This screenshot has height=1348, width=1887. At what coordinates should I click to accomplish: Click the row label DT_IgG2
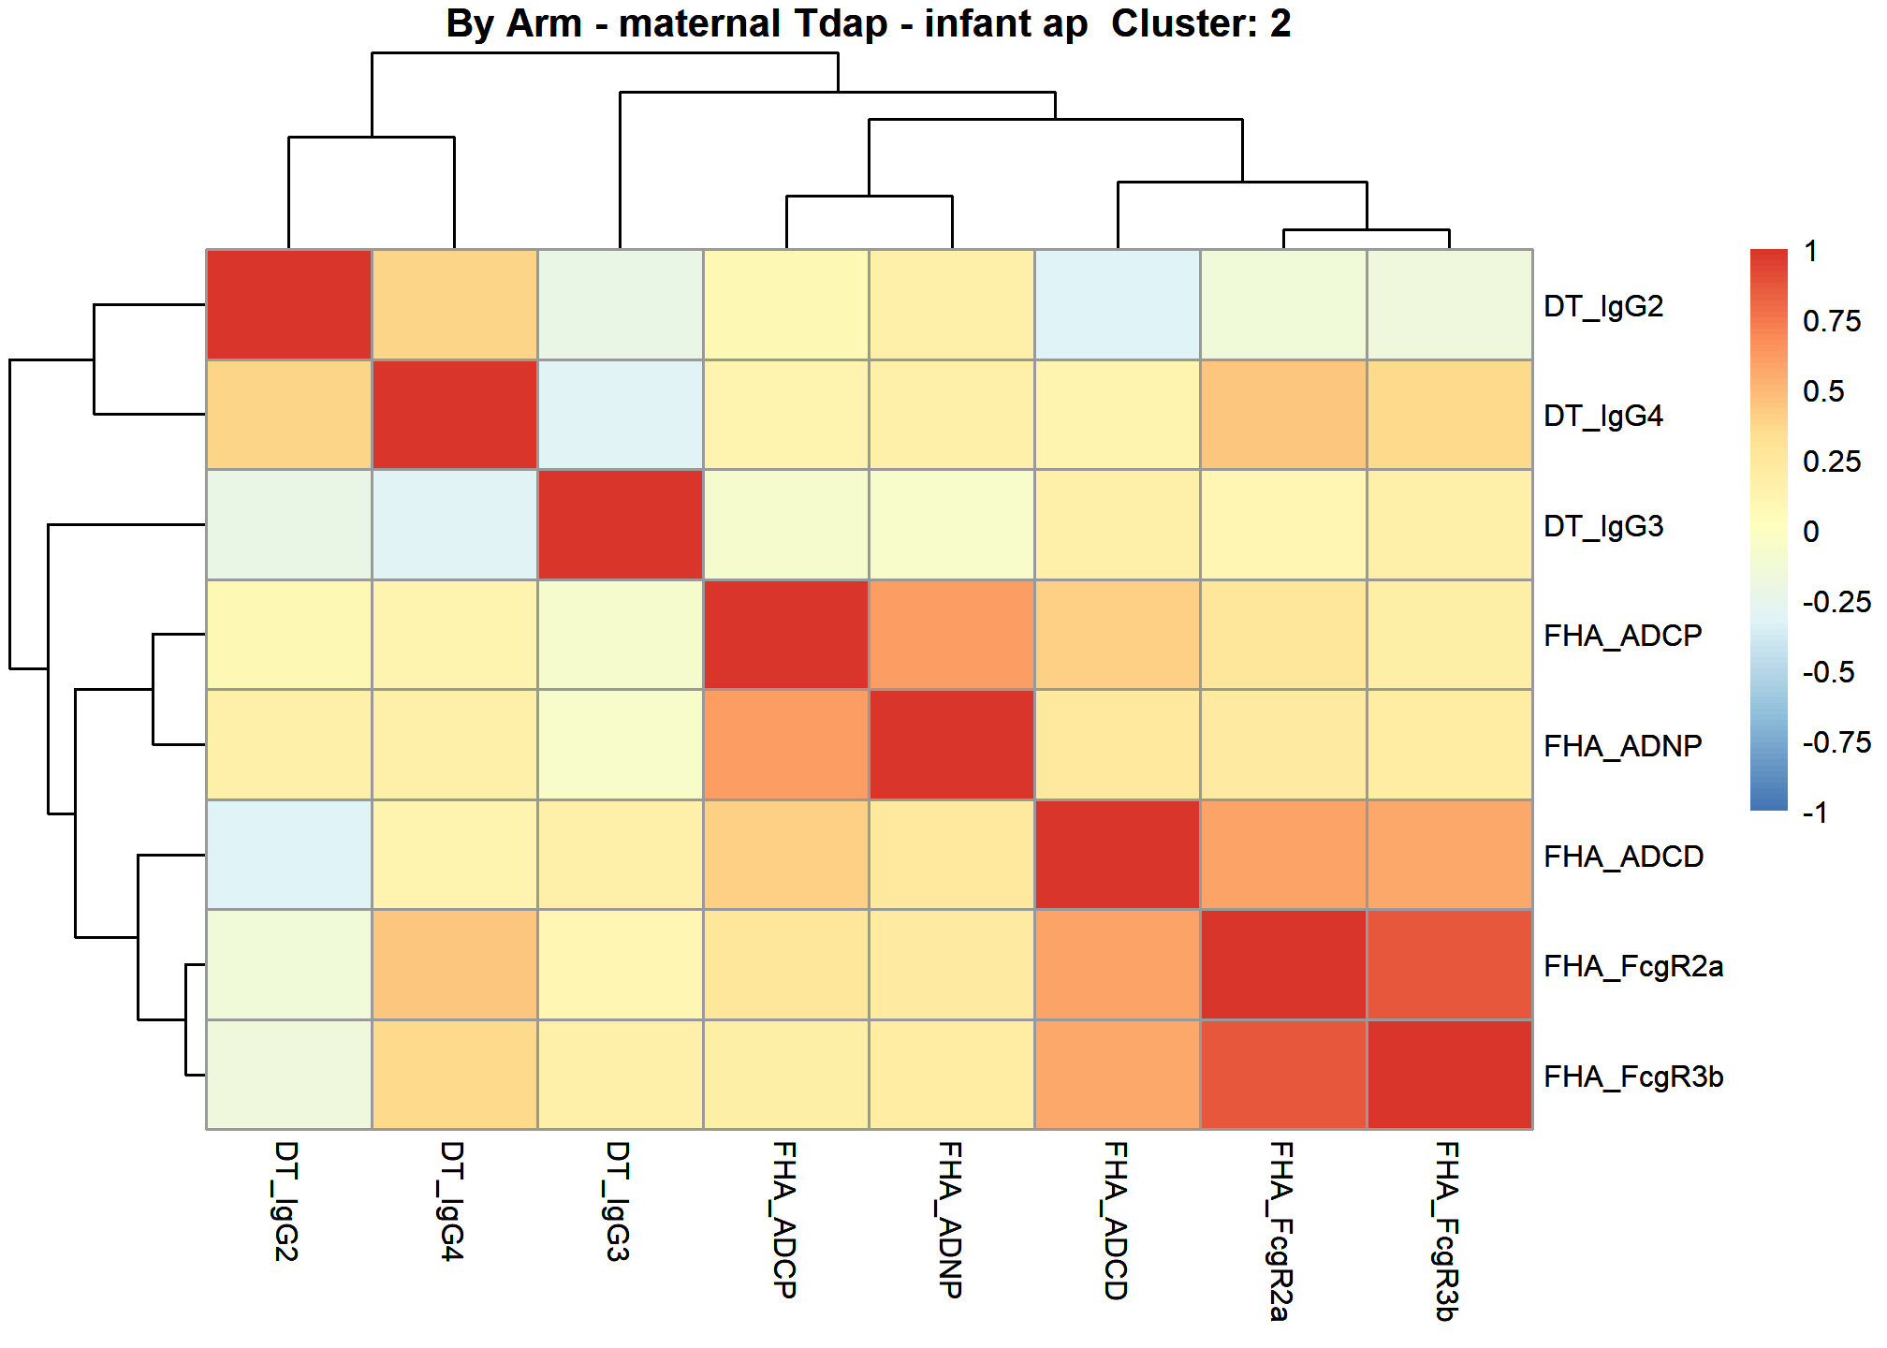1602,306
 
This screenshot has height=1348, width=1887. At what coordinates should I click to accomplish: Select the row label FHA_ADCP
1622,636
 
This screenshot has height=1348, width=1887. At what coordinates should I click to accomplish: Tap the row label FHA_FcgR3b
1633,1077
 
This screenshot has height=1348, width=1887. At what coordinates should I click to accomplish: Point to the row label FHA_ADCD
1623,857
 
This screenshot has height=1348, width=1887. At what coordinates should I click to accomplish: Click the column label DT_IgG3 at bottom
618,1201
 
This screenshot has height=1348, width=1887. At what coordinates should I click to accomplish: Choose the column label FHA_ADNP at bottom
949,1220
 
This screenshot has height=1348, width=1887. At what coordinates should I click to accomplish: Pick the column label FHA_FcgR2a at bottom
1280,1231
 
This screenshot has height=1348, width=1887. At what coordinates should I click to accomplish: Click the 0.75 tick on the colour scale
1832,321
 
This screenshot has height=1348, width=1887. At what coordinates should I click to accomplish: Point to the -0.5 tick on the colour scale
1828,672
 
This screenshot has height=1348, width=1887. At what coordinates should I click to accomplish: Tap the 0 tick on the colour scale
1811,532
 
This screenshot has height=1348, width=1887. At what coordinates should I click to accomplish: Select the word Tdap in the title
841,23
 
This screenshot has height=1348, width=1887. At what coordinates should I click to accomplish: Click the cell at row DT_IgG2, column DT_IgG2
289,304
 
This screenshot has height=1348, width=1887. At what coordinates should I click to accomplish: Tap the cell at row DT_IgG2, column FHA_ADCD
1118,304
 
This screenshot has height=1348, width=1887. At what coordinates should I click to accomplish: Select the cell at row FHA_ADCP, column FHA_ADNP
952,635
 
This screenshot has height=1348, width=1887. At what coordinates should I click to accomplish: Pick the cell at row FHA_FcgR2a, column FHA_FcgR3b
1450,964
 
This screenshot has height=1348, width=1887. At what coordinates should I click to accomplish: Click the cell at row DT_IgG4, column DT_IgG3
621,415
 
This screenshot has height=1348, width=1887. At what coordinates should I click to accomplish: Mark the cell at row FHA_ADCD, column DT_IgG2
289,855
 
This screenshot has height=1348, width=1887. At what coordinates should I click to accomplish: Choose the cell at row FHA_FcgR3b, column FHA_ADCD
1118,1075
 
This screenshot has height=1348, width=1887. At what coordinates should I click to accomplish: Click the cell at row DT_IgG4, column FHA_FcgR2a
1283,415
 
